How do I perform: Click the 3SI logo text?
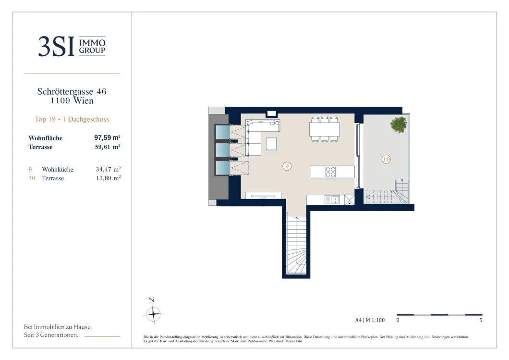[56, 46]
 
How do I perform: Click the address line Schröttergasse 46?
[72, 91]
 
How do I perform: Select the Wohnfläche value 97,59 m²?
[108, 137]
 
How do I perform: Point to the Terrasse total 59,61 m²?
[108, 147]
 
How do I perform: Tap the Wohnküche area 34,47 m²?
[108, 169]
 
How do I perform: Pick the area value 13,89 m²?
[108, 178]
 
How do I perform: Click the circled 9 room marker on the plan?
[287, 166]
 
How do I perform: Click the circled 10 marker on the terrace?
[386, 159]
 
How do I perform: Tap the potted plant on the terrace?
[399, 124]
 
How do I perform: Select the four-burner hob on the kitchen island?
[330, 172]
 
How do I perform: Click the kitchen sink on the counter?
[335, 199]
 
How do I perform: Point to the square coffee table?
[271, 144]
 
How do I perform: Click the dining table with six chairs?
[325, 129]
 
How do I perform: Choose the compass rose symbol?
[153, 314]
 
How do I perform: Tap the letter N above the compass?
[151, 300]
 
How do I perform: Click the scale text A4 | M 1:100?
[370, 320]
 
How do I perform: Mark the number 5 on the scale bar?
[481, 320]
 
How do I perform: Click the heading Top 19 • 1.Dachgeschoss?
[72, 119]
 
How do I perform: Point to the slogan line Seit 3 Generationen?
[51, 335]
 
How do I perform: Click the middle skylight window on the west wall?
[223, 150]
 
